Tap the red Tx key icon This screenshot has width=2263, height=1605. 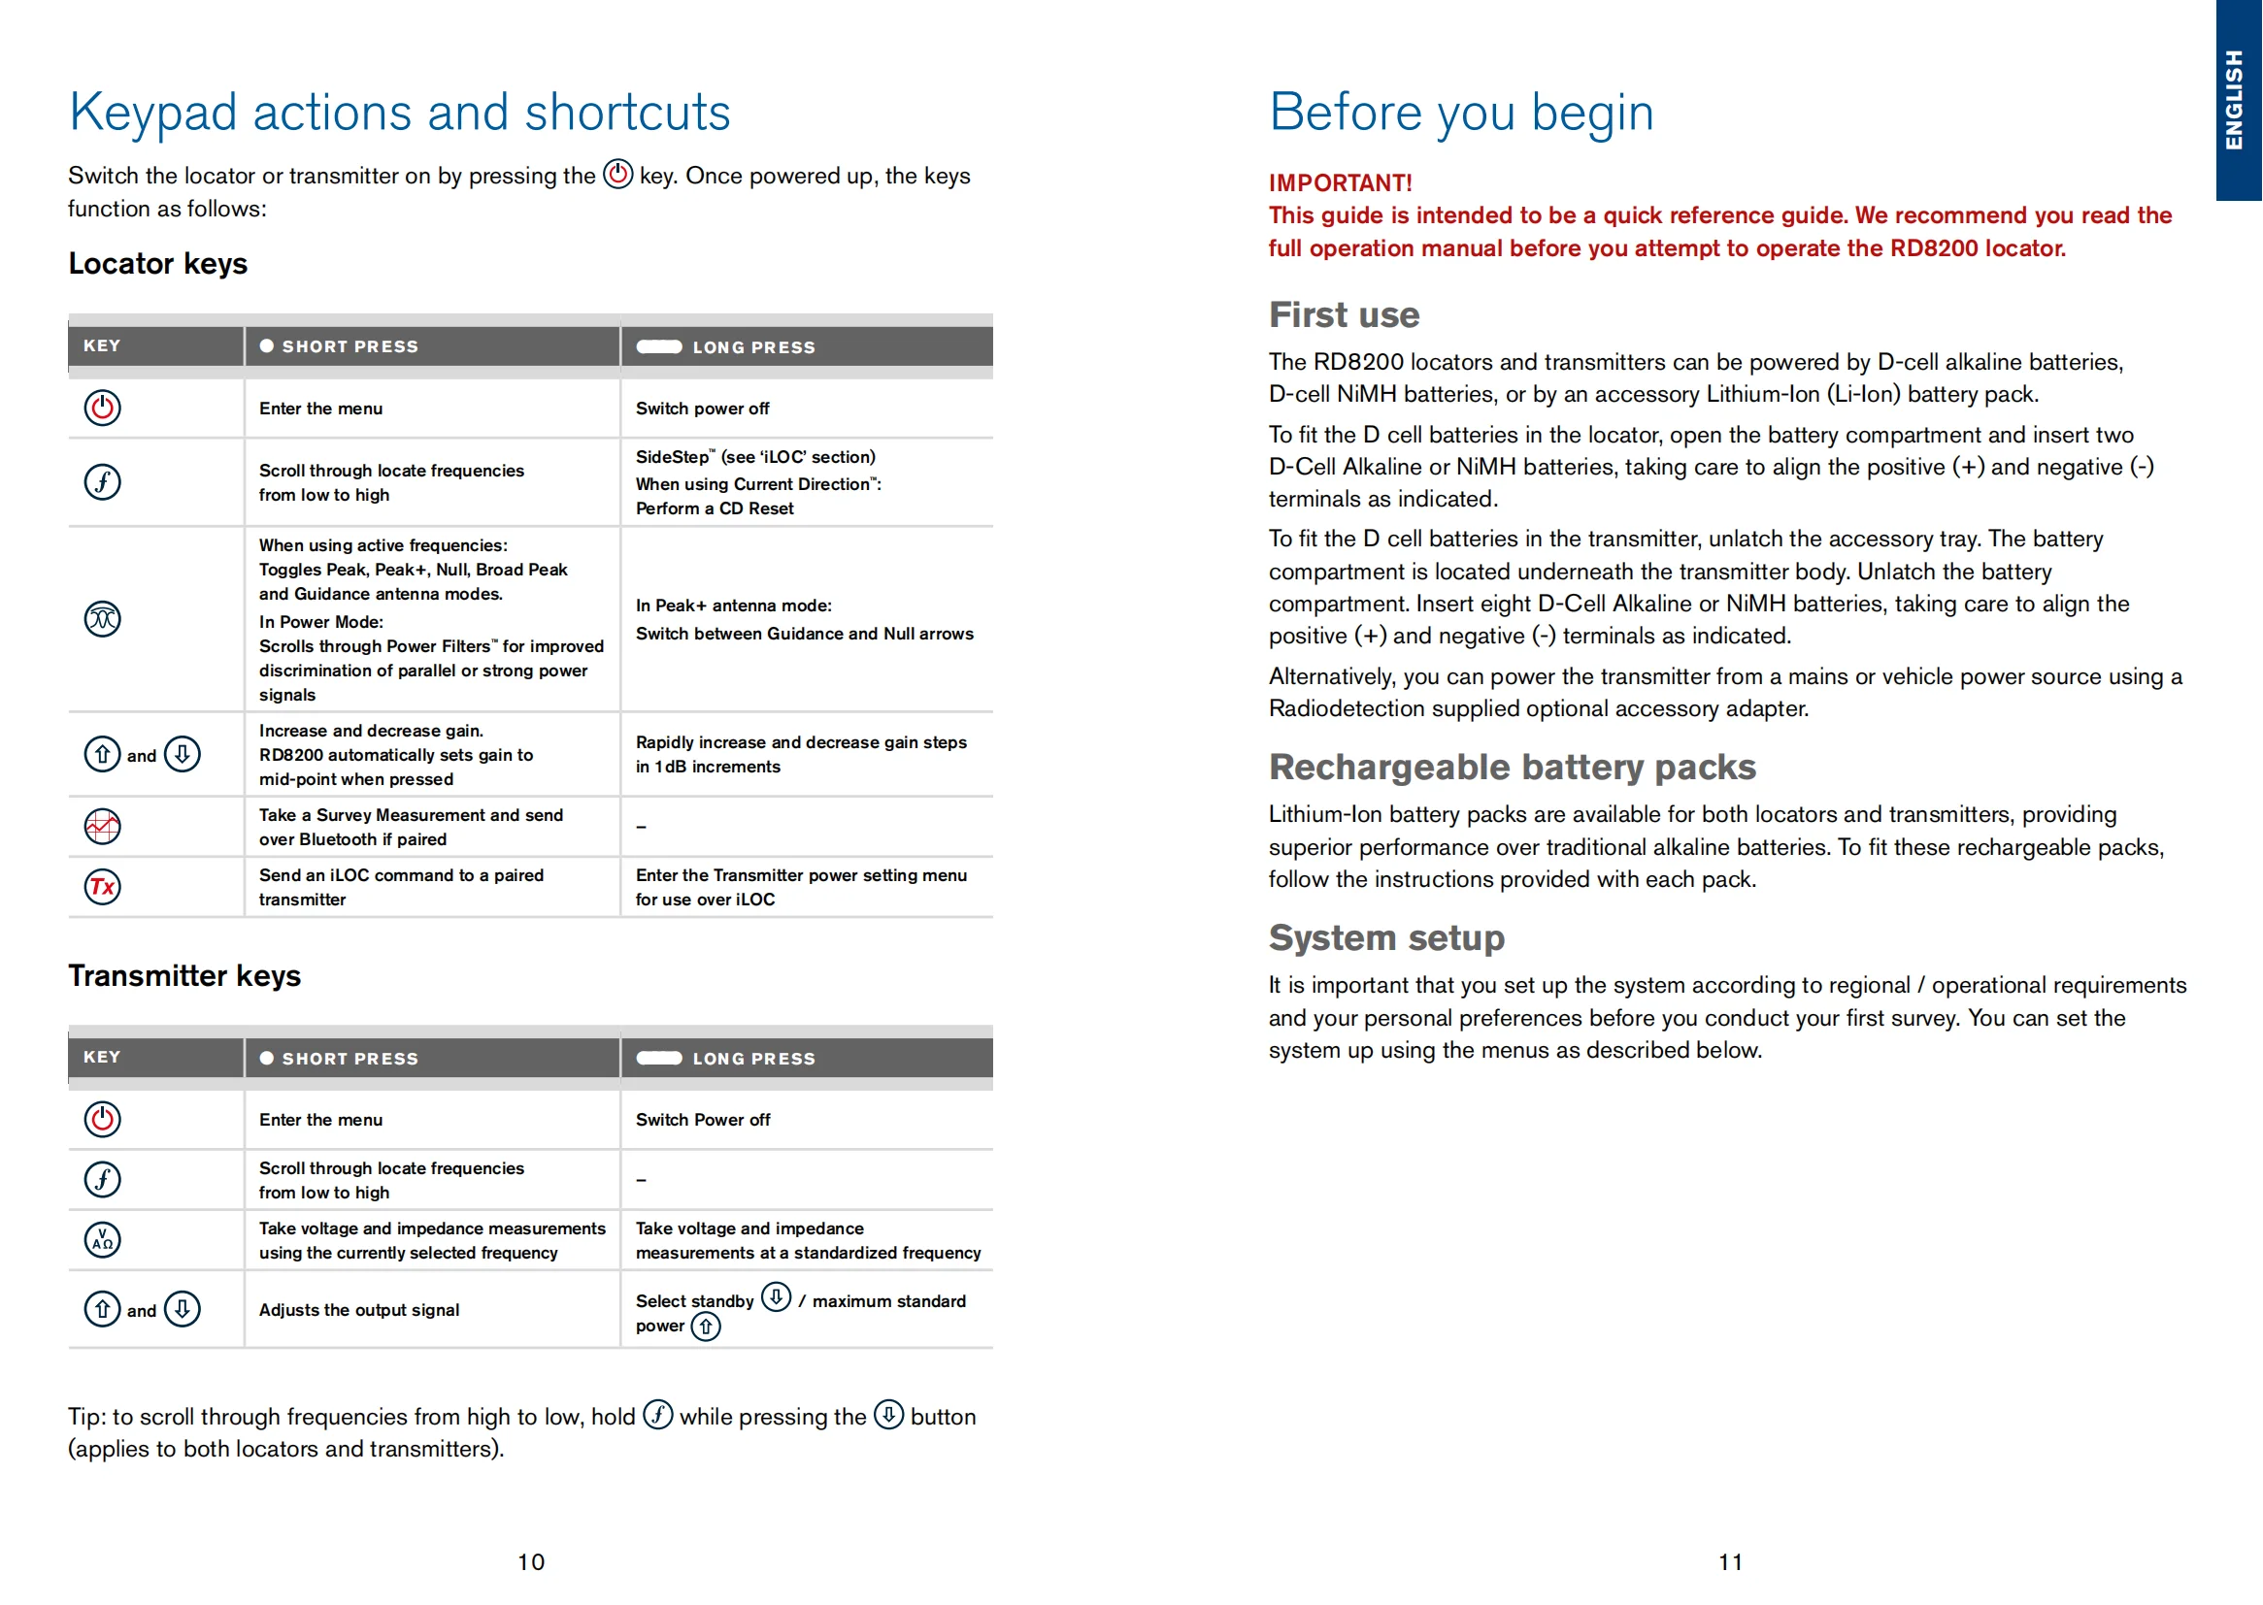coord(103,887)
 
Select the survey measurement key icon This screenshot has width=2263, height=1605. coord(103,826)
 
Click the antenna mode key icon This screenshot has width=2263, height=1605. coord(103,620)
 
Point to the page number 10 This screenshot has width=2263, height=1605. coord(531,1561)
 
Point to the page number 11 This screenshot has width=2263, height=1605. coord(1730,1561)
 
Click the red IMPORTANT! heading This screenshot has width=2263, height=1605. coord(1340,182)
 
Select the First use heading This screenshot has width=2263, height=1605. coord(1344,315)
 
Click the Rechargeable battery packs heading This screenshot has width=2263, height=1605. coord(1512,767)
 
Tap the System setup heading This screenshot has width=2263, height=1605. coord(1386,937)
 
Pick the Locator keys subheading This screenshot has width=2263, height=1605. coord(158,264)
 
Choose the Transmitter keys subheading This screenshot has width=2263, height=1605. coord(184,975)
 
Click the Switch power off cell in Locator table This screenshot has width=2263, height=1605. coord(702,409)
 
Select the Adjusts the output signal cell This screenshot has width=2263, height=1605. coord(359,1309)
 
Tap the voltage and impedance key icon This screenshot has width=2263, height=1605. coord(103,1239)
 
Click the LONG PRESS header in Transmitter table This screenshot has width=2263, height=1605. coord(753,1059)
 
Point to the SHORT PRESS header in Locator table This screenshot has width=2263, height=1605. coord(349,346)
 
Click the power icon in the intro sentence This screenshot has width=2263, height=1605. coord(617,174)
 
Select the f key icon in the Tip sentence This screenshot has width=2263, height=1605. coord(657,1414)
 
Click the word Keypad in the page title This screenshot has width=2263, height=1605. coord(153,113)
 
